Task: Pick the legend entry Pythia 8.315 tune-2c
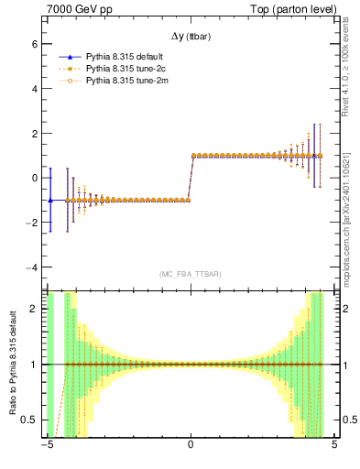coord(125,68)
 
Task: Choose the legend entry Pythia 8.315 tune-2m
coord(125,81)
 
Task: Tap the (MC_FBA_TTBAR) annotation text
coord(190,274)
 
